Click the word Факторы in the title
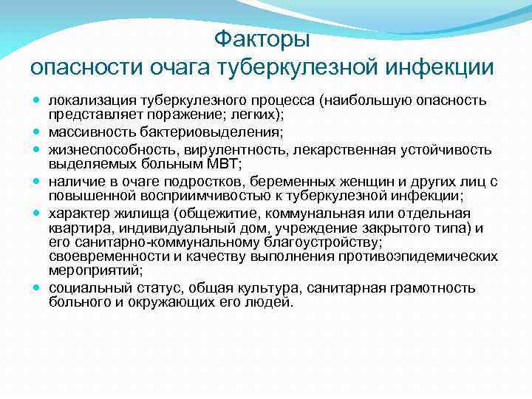(x=262, y=38)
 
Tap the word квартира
(x=79, y=228)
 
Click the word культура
(x=258, y=287)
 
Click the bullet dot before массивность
(x=36, y=132)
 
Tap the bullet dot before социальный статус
(x=36, y=288)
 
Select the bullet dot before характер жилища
(x=36, y=214)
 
